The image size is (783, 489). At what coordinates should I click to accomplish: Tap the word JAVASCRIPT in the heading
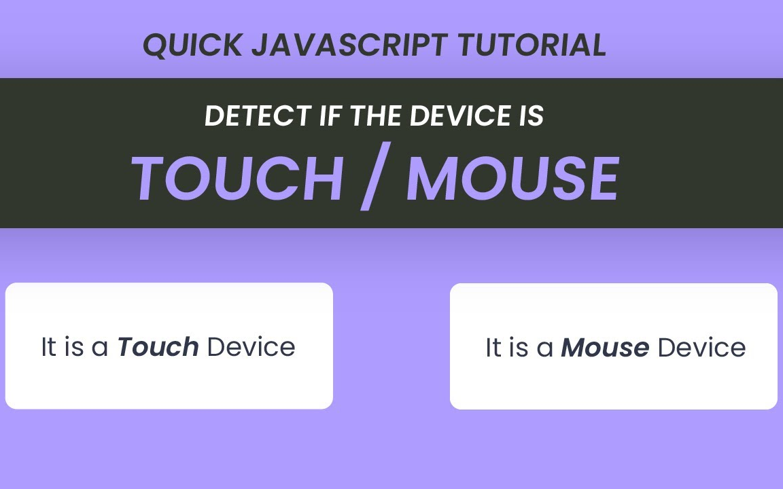[x=349, y=46]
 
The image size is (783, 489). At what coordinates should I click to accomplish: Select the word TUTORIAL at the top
[x=532, y=46]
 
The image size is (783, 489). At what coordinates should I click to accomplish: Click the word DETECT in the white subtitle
[x=258, y=116]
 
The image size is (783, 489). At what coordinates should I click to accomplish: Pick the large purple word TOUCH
[x=237, y=180]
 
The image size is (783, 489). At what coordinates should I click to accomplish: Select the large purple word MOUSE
[x=512, y=180]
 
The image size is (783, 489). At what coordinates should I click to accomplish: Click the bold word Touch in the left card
[x=158, y=347]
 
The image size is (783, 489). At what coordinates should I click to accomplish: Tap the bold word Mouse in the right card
[x=605, y=348]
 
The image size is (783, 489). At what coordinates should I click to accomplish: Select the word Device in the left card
[x=251, y=347]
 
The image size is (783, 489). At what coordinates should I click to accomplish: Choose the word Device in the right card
[x=701, y=348]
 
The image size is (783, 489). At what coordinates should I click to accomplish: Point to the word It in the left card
[x=48, y=347]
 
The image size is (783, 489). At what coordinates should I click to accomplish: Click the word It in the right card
[x=493, y=348]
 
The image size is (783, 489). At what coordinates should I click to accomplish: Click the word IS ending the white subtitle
[x=530, y=116]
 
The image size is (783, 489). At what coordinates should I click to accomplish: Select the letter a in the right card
[x=544, y=349]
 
